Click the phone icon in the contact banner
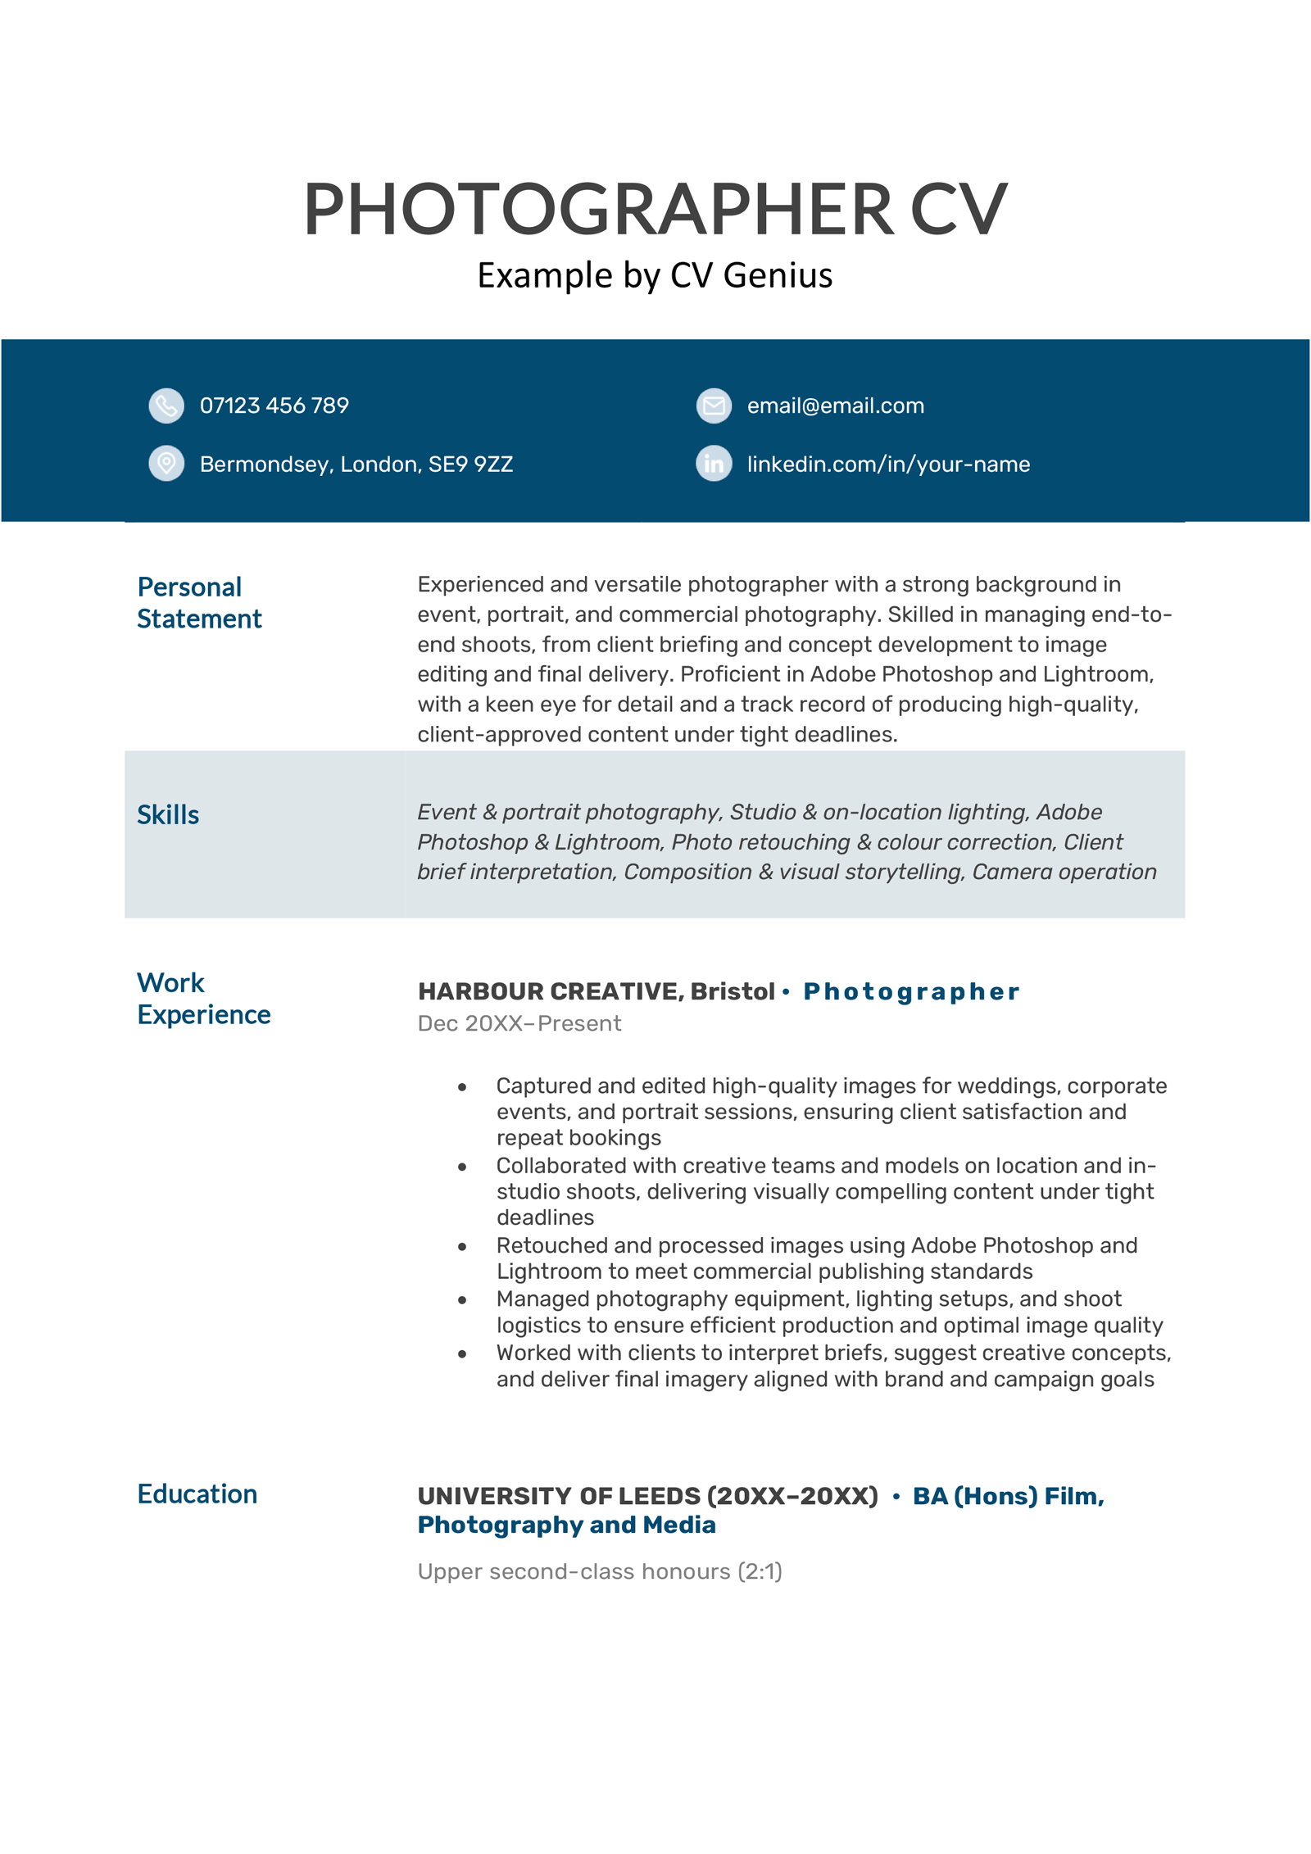(166, 406)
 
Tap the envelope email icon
(714, 406)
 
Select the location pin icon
(166, 464)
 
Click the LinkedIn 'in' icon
(714, 464)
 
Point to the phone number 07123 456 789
(274, 406)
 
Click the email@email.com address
(835, 406)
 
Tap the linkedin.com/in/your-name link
(888, 465)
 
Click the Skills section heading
(168, 814)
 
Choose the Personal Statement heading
(198, 603)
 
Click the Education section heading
(197, 1494)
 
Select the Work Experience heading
(203, 998)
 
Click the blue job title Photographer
(910, 991)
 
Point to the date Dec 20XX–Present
(519, 1023)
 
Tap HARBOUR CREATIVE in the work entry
(548, 991)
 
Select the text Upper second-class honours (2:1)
(599, 1571)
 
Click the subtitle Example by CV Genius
(655, 275)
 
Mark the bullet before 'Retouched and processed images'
(462, 1247)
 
